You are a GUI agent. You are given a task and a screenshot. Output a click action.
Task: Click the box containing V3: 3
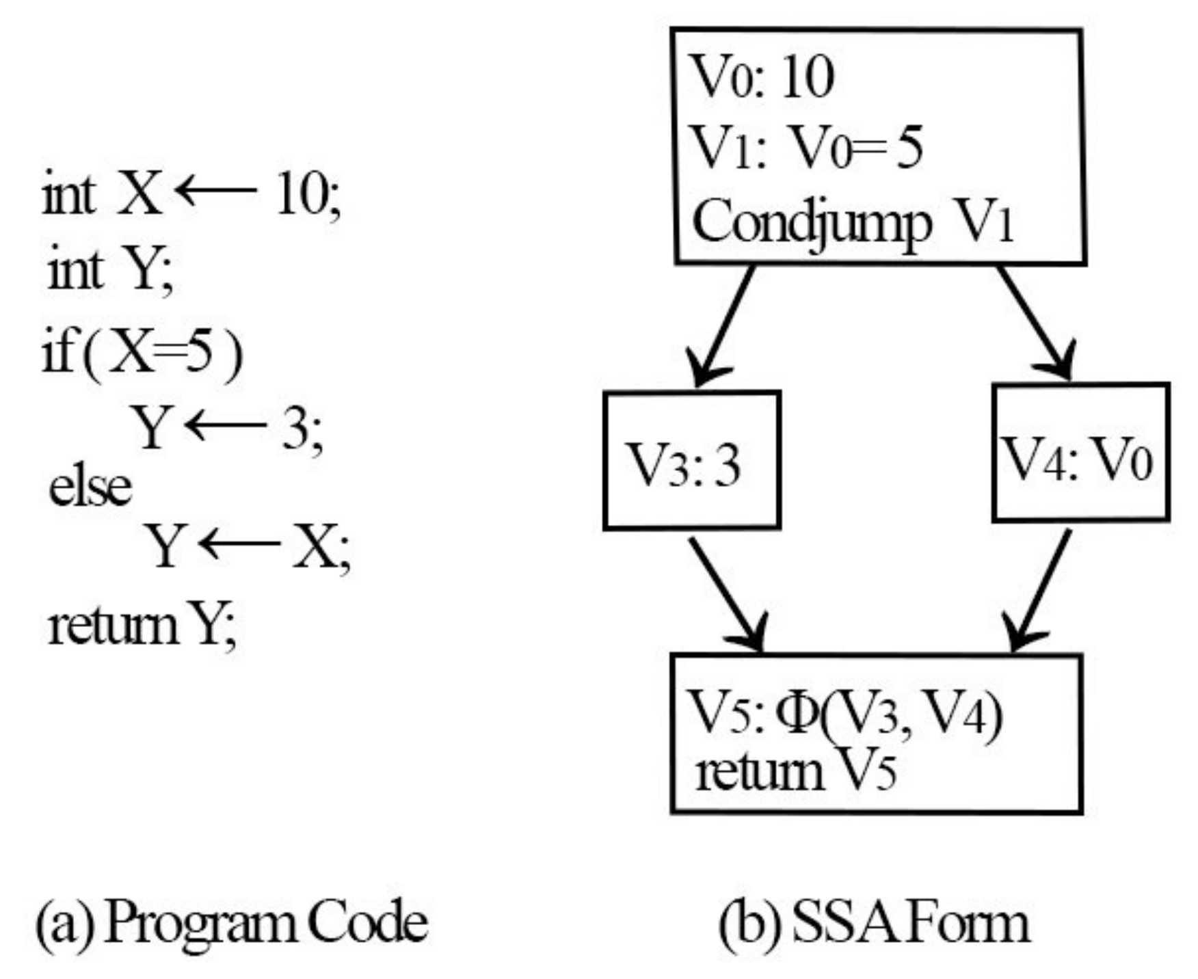691,460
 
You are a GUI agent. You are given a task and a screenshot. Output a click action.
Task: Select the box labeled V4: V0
1080,453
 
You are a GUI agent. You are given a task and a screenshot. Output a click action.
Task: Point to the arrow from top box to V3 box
723,325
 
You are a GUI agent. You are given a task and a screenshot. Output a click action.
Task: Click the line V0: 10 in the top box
763,77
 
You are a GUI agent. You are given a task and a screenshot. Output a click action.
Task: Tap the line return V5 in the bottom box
795,773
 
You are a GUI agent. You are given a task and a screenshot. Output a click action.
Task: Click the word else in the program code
90,487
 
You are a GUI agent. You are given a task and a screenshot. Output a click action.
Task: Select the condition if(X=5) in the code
142,353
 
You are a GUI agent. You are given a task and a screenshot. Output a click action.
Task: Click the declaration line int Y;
109,270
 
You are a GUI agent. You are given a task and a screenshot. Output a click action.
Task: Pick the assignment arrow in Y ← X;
240,544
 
